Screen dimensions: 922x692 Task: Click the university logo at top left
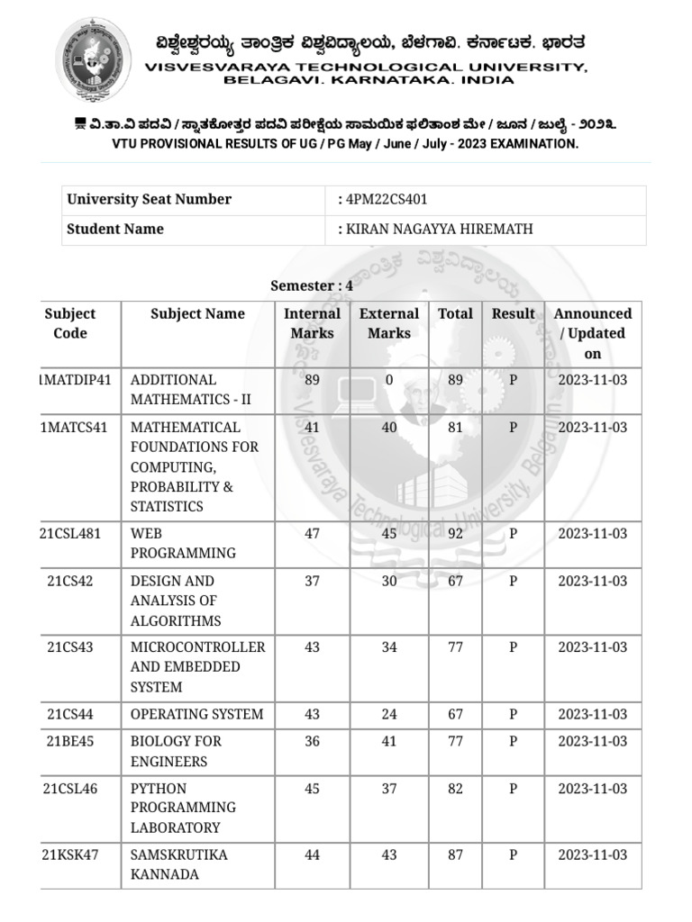[x=94, y=59]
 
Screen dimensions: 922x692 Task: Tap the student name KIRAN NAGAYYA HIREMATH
[x=439, y=230]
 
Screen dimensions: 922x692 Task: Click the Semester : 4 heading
[x=312, y=285]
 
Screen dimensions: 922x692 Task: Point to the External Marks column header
[x=388, y=323]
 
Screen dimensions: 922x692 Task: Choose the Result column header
[x=513, y=314]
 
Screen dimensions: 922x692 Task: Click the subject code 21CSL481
[x=70, y=534]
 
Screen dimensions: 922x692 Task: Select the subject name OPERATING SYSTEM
[x=196, y=715]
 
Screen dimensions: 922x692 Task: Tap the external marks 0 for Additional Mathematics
[x=389, y=380]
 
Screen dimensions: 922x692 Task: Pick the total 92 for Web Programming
[x=455, y=534]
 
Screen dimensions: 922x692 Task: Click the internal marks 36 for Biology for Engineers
[x=312, y=742]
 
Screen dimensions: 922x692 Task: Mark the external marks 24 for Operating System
[x=389, y=715]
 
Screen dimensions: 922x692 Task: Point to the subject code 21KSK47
[x=70, y=855]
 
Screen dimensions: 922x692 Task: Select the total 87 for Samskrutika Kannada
[x=455, y=855]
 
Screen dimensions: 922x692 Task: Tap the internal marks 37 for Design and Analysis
[x=312, y=582]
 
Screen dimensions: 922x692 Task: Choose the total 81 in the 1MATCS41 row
[x=455, y=428]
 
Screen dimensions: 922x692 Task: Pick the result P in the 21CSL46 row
[x=513, y=789]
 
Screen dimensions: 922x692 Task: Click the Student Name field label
[x=115, y=230]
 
